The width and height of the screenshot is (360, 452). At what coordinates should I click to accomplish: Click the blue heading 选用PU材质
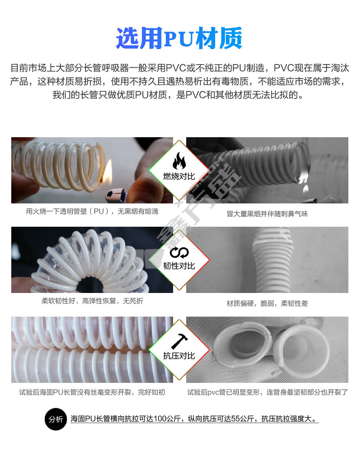(x=179, y=38)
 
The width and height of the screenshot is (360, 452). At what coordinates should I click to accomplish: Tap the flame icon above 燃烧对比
(x=179, y=161)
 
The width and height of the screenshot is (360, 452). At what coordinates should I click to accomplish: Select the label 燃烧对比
(x=179, y=176)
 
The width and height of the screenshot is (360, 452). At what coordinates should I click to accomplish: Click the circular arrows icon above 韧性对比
(x=179, y=253)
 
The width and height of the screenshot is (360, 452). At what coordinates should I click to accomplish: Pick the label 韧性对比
(x=179, y=266)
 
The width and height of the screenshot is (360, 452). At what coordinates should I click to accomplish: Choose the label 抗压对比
(x=179, y=356)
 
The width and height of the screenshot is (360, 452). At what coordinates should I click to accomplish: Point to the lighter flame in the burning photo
(x=107, y=172)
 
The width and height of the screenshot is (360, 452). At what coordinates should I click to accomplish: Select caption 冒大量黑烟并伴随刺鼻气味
(x=267, y=214)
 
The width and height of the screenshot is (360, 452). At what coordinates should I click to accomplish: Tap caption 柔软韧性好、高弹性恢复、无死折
(x=92, y=301)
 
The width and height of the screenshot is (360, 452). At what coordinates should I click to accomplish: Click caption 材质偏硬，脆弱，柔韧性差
(x=267, y=304)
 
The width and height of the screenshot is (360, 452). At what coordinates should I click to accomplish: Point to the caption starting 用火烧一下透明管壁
(x=92, y=211)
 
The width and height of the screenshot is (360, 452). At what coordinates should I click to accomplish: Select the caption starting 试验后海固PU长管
(x=92, y=392)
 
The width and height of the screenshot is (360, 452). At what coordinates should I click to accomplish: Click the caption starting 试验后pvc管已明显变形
(x=267, y=392)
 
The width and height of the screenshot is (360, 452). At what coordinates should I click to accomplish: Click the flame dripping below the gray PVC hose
(x=305, y=189)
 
